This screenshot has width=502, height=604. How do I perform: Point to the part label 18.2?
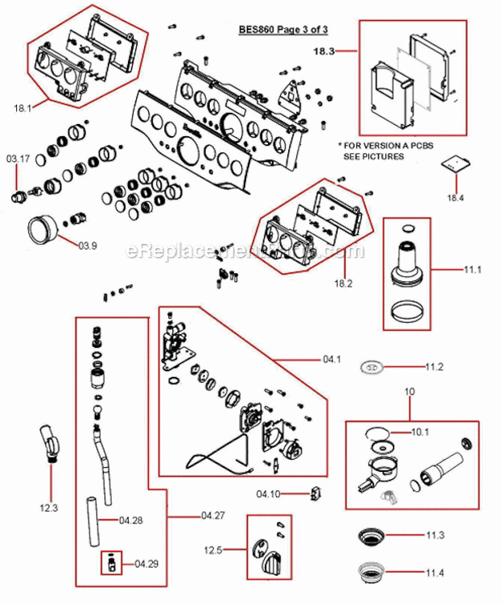344,283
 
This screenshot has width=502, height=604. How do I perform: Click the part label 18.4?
456,197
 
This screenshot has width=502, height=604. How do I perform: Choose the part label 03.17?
19,159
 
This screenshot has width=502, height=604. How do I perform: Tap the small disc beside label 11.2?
371,367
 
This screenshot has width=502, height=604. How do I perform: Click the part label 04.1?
332,358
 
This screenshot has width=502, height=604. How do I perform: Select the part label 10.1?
420,432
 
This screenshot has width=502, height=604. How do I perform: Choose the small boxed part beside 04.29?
109,563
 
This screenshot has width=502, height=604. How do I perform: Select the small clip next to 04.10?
315,494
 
